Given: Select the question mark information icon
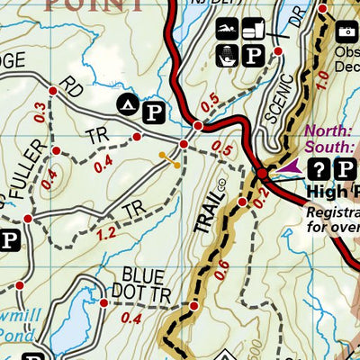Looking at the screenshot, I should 319,168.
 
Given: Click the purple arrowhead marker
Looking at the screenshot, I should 290,166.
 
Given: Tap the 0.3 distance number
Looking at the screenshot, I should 39,112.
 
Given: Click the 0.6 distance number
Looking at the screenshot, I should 222,265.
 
